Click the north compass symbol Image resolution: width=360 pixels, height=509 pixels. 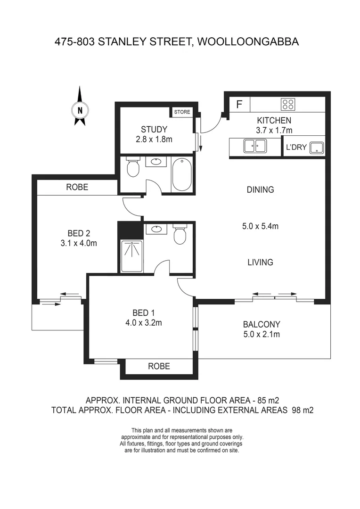tap(80, 109)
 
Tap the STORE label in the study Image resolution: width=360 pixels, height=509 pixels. tap(182, 112)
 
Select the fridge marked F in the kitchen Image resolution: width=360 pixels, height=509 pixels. tap(239, 105)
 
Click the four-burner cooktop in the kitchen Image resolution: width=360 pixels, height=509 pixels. tap(287, 105)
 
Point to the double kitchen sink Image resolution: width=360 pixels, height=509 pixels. tap(255, 146)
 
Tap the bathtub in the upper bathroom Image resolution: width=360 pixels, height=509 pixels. tap(181, 174)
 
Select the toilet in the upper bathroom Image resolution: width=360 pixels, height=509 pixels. tap(133, 167)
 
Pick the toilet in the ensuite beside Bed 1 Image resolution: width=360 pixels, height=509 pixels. tap(180, 234)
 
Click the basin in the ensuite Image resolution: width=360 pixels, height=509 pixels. tap(155, 230)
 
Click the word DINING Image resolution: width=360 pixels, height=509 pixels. tap(260, 190)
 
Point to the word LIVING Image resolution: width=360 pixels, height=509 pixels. tap(260, 263)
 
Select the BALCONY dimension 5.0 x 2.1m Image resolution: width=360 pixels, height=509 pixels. tap(262, 335)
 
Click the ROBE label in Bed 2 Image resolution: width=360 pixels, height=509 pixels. tap(77, 187)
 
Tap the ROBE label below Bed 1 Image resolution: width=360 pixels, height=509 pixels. tap(159, 366)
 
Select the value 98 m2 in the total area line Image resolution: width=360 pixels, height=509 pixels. tap(302, 410)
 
